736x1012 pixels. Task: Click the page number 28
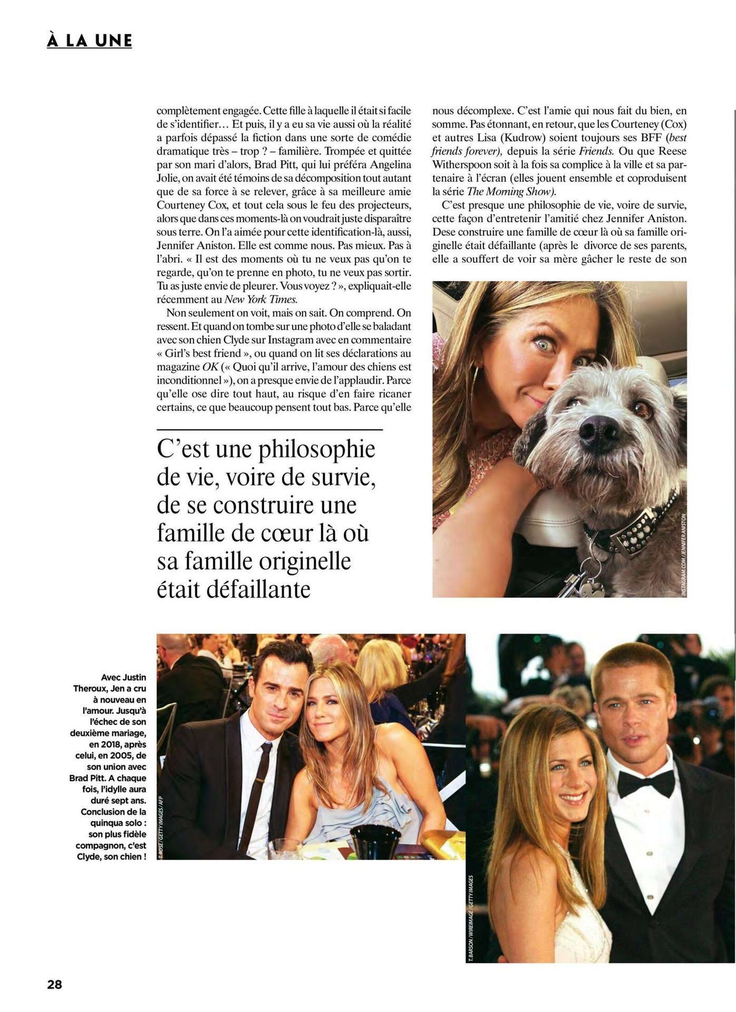point(55,984)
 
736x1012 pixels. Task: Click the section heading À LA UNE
point(89,41)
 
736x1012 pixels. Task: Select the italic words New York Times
point(261,299)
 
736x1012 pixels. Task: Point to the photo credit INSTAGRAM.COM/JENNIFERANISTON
point(683,554)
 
